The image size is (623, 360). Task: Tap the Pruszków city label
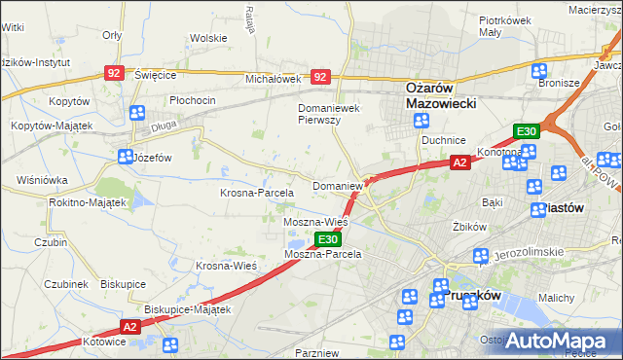(471, 295)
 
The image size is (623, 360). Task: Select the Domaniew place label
(337, 185)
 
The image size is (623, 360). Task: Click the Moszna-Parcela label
(322, 254)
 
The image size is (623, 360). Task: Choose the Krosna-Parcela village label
(255, 193)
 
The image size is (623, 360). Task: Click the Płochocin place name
(192, 100)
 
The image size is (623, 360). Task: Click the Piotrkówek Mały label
(504, 25)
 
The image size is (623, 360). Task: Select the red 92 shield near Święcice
(115, 73)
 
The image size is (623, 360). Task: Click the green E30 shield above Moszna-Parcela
(328, 239)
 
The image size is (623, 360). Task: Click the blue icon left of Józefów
(125, 156)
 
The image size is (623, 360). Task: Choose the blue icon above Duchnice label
(421, 121)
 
